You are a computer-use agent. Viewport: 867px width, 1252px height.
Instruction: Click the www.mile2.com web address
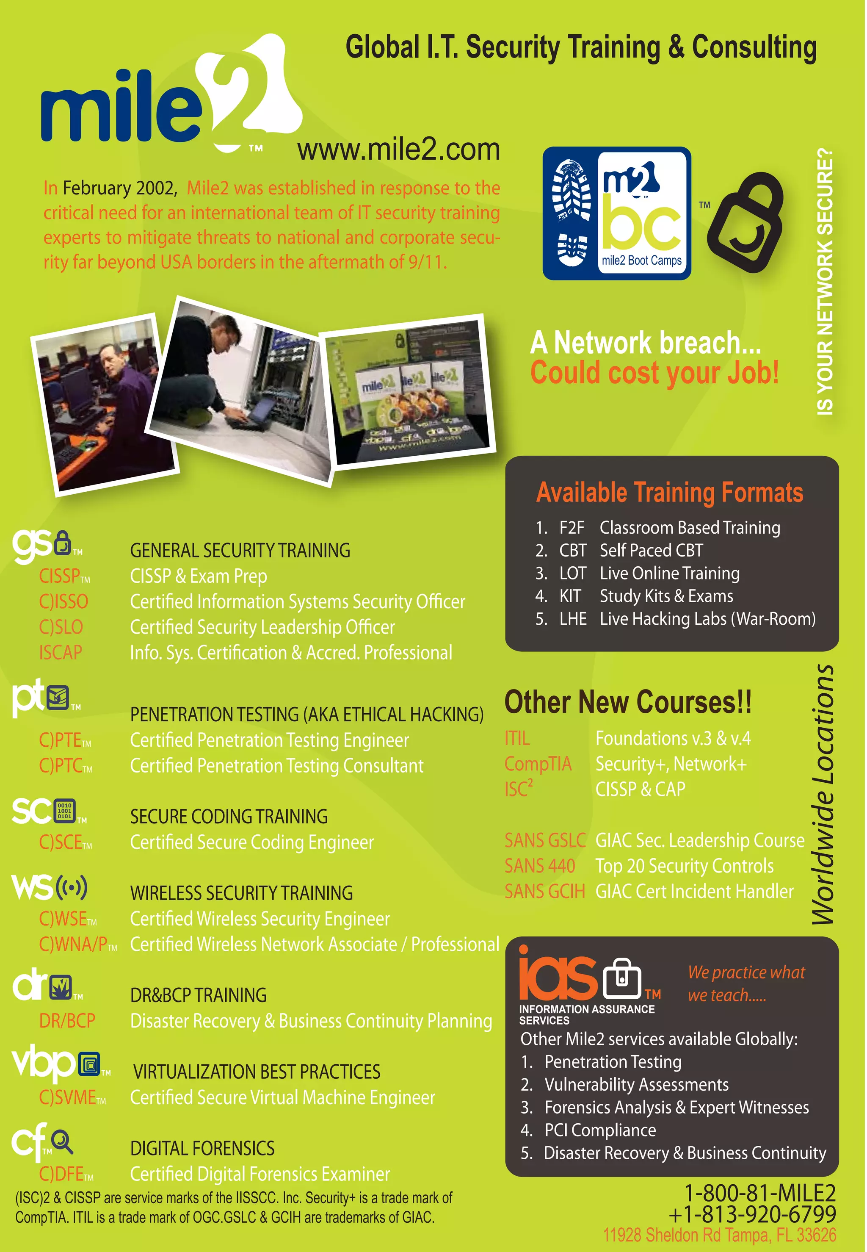tap(398, 150)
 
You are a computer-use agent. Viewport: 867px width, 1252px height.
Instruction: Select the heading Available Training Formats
tap(669, 492)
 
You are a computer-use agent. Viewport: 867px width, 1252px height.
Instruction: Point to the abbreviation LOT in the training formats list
tap(573, 573)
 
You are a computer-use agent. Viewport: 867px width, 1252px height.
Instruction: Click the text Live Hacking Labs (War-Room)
tap(707, 619)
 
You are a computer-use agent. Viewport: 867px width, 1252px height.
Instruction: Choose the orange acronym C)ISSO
tap(64, 601)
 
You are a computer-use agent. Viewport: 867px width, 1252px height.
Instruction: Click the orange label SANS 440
tap(539, 866)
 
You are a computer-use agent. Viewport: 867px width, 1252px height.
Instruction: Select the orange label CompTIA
tap(538, 764)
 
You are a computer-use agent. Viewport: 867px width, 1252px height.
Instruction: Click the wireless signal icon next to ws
tap(72, 887)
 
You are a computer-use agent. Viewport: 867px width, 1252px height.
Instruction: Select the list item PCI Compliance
tap(600, 1130)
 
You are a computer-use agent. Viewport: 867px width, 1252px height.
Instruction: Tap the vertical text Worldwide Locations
tap(823, 795)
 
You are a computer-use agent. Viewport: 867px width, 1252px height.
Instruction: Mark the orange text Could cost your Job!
tap(654, 373)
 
